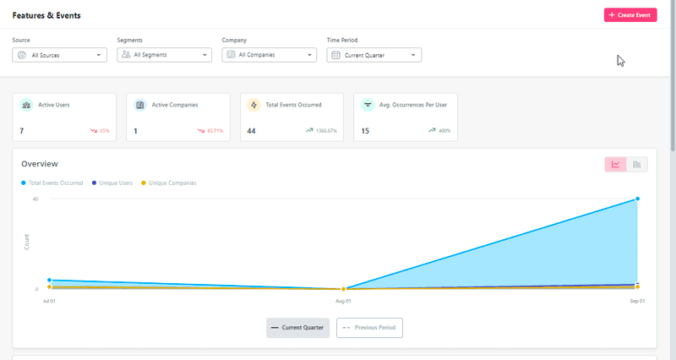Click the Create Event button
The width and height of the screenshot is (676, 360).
(630, 15)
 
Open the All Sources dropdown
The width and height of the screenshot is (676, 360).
(59, 55)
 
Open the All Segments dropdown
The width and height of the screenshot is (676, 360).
(164, 55)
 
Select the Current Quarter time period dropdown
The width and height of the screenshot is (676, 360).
(373, 55)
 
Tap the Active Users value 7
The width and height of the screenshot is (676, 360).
(22, 131)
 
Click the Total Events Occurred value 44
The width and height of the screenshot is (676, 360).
(251, 131)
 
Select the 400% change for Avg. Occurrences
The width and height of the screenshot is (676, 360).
(444, 131)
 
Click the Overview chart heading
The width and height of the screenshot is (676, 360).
(39, 163)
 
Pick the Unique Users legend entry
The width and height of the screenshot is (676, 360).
(114, 183)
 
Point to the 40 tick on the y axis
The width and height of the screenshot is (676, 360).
(35, 199)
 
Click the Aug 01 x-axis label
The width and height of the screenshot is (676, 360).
(343, 301)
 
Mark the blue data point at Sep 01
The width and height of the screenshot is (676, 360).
(636, 199)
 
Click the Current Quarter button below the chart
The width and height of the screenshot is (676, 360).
(297, 327)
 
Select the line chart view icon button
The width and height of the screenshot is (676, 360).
(615, 164)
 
